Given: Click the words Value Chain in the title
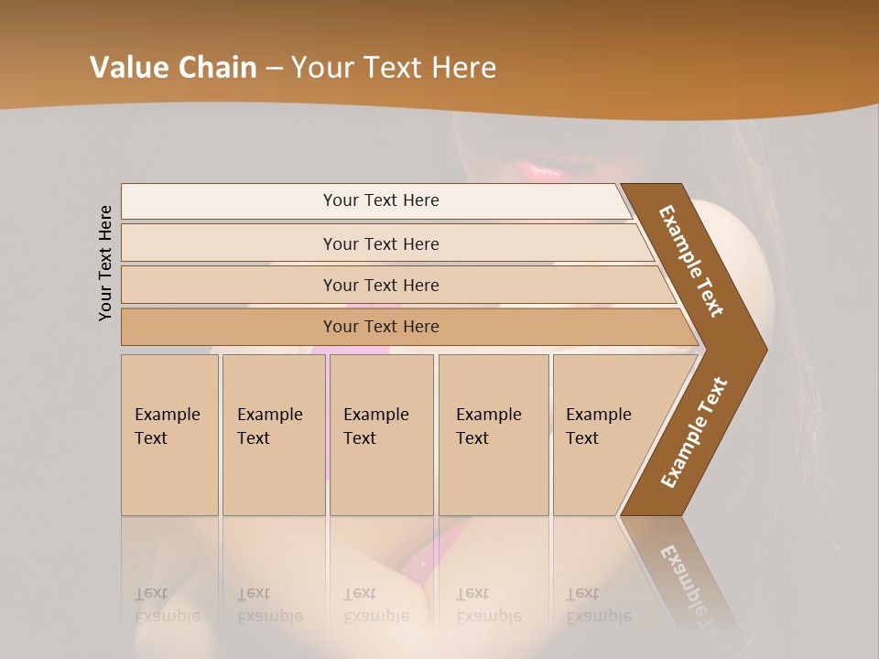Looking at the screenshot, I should [x=173, y=68].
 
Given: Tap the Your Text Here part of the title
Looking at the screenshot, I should [x=394, y=68].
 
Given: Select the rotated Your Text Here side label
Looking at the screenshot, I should [x=105, y=263].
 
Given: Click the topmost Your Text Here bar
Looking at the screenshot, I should [x=380, y=200].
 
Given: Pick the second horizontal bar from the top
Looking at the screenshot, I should [x=380, y=243].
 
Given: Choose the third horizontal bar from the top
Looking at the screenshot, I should [x=380, y=285].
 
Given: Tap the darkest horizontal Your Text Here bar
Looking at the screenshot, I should [x=380, y=327].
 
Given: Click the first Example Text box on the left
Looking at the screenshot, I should [x=169, y=435].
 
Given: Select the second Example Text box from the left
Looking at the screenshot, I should [x=273, y=435].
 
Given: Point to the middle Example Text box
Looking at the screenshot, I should [x=381, y=435].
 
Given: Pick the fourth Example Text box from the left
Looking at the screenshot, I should [x=494, y=435].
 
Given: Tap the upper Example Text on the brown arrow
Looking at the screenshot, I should [x=691, y=261].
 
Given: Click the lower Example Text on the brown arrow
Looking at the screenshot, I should [x=694, y=433].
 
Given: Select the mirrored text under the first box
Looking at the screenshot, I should [x=168, y=605].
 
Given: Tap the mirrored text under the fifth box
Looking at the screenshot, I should [x=599, y=605].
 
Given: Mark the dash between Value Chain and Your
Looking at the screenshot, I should [x=274, y=69].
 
